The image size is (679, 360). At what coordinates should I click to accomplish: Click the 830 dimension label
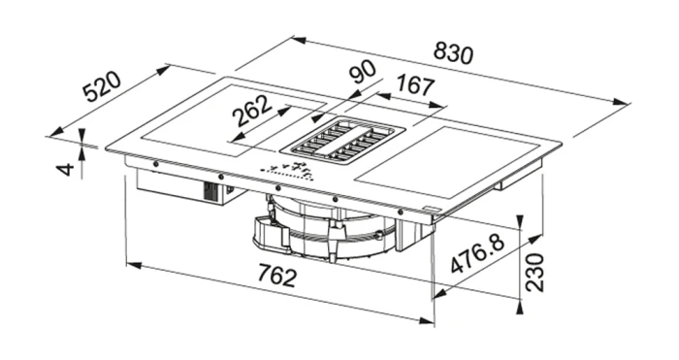point(453,53)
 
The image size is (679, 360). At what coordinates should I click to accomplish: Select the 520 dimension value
point(102,86)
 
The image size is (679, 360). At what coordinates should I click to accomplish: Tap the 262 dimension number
point(252,111)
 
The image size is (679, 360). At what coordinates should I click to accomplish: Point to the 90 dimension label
point(363,72)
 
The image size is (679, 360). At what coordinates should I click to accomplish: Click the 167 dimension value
point(414,86)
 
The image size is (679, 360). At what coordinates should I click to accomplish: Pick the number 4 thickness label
point(65,169)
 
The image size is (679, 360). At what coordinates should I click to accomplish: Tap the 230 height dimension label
point(534,272)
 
